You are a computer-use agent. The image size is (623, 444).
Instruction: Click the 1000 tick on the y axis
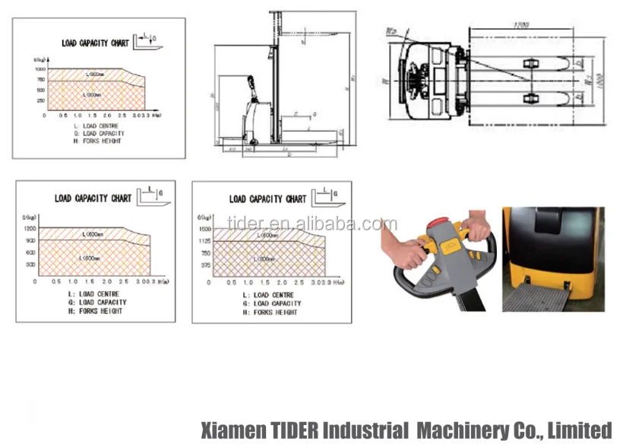[40, 69]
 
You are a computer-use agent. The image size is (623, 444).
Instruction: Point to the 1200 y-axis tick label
[30, 228]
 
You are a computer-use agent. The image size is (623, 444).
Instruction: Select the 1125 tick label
[204, 241]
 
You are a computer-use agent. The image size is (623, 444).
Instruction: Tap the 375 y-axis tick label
[206, 265]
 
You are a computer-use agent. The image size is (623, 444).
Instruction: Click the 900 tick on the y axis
[30, 240]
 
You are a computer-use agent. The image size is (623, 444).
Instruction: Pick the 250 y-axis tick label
[41, 100]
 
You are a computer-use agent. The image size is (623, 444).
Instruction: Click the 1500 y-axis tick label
[204, 229]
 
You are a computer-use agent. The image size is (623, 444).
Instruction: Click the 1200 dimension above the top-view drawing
[520, 24]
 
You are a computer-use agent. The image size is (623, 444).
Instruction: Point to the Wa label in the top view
[391, 31]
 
